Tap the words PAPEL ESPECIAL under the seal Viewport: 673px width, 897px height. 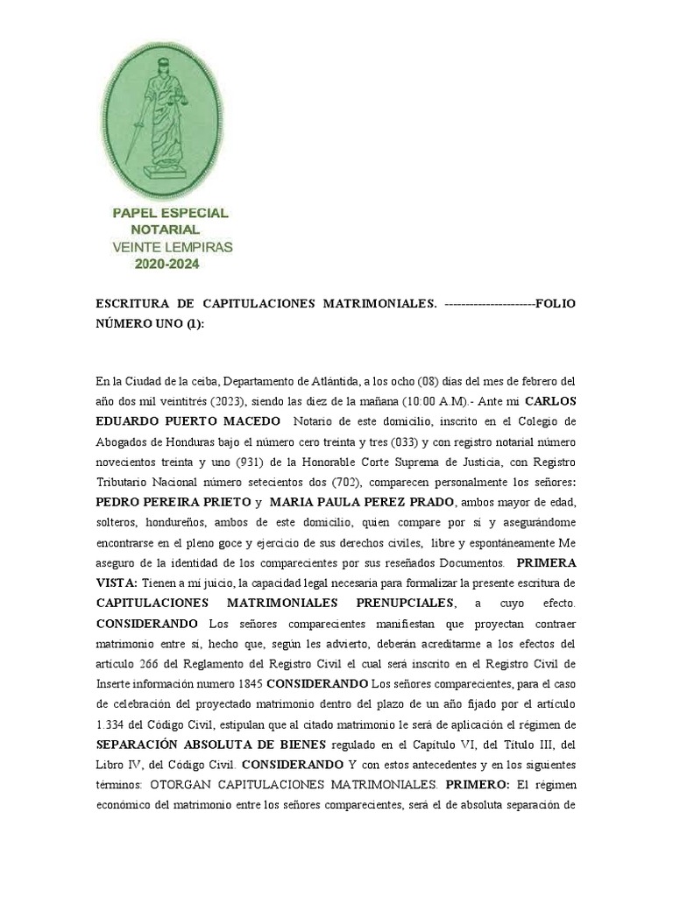[x=171, y=213]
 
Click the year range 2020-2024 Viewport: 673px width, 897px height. [x=171, y=262]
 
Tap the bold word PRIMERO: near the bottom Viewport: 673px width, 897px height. [x=472, y=784]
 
